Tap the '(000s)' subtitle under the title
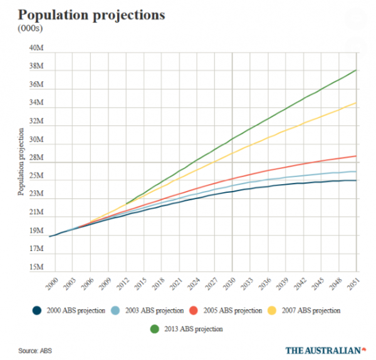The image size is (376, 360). [29, 28]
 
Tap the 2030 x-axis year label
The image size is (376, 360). [232, 282]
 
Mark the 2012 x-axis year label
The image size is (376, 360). [125, 282]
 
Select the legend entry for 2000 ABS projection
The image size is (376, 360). [70, 310]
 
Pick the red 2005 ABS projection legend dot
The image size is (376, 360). [194, 310]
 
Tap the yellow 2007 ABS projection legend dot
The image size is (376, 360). [273, 310]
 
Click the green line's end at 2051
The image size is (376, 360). [356, 70]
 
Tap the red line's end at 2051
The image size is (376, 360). [356, 156]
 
